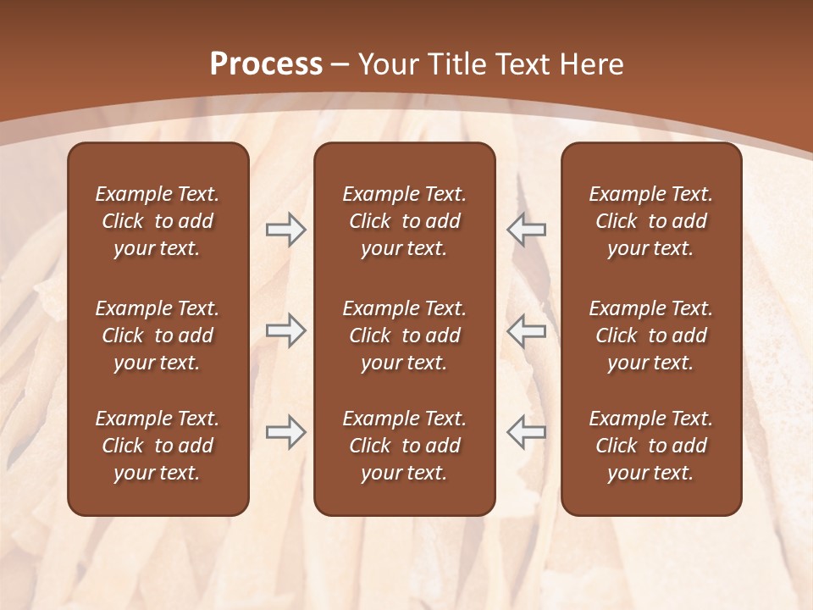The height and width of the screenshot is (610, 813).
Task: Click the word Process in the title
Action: (x=266, y=64)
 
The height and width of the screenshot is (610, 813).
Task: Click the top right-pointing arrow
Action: (x=286, y=230)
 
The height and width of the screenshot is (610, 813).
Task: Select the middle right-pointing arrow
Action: (x=286, y=330)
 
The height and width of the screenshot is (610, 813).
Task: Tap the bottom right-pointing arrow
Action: (x=286, y=432)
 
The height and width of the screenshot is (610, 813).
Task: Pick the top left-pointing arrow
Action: (x=526, y=230)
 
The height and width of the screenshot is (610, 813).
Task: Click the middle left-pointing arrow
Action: (x=526, y=330)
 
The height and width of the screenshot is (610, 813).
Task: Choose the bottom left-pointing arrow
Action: (x=526, y=432)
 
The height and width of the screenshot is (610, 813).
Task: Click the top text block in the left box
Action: (x=158, y=221)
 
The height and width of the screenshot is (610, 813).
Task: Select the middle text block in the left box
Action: (x=158, y=335)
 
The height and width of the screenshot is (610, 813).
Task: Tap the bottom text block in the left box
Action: (x=158, y=446)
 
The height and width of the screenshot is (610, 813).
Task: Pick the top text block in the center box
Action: (x=404, y=221)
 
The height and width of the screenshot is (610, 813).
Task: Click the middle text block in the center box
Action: (x=404, y=335)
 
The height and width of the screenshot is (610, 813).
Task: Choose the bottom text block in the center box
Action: (x=404, y=446)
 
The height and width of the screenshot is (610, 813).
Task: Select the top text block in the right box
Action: (x=650, y=221)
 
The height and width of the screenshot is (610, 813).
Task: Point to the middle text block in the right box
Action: (x=650, y=335)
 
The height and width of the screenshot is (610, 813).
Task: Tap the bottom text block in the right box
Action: (x=650, y=446)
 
